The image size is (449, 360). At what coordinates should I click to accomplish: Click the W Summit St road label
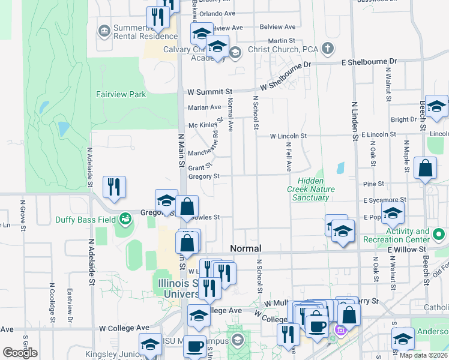pos(209,92)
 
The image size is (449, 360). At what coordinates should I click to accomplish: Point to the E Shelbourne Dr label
pos(369,62)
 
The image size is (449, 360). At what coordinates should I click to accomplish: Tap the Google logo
pos(20,353)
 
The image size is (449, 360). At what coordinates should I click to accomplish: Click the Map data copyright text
pos(423,355)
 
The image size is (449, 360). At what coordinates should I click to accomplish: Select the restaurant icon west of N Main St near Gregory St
pos(113,187)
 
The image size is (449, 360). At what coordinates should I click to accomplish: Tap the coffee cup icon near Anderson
pos(317,326)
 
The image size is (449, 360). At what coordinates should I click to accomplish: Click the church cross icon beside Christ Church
pos(328,47)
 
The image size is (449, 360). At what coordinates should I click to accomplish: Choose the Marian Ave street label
pos(205,107)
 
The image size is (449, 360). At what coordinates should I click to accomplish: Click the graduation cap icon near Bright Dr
pos(436,106)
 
